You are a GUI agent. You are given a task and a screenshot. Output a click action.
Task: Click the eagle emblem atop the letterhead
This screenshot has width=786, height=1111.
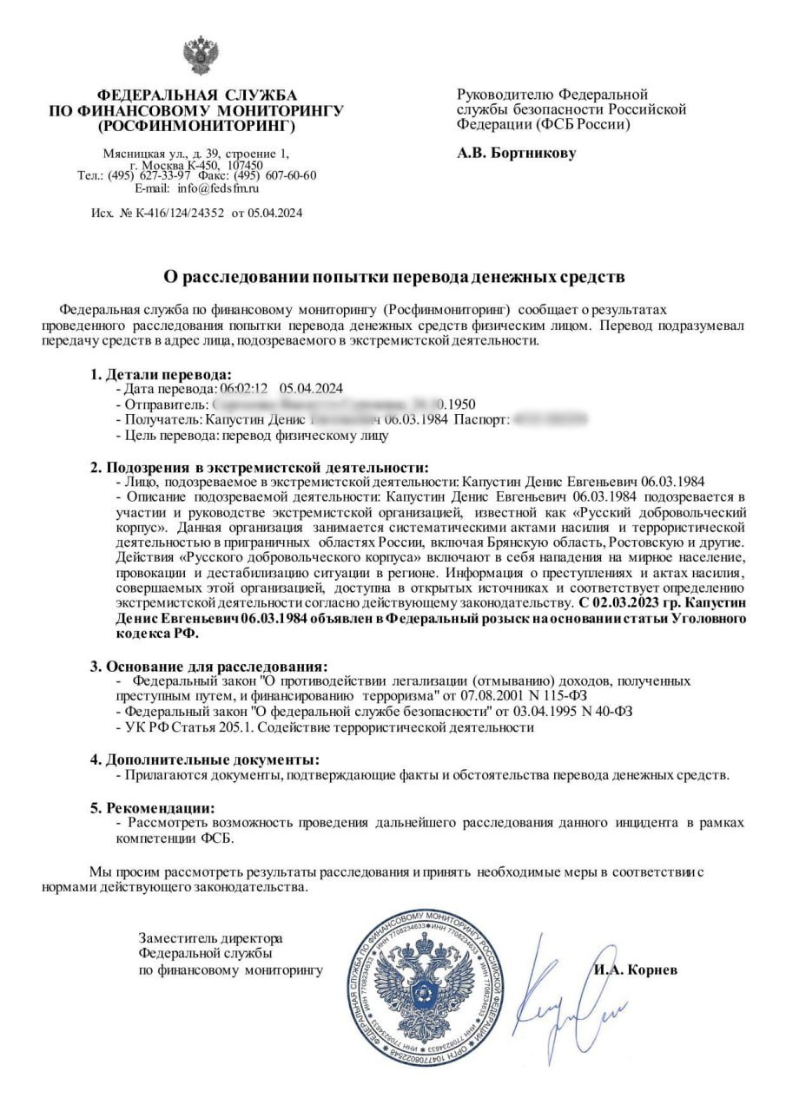tap(201, 55)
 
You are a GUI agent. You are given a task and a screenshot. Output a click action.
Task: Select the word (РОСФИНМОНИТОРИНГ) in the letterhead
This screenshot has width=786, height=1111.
tap(197, 126)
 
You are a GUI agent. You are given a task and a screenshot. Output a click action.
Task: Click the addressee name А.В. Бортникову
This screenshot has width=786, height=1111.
tap(516, 154)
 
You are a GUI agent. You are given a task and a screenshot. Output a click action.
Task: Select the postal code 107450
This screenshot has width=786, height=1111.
tap(246, 164)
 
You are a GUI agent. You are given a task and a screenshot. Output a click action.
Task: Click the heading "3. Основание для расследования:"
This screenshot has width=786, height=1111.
tap(208, 667)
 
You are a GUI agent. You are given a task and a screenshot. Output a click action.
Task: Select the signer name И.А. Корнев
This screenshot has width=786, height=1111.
tap(637, 970)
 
